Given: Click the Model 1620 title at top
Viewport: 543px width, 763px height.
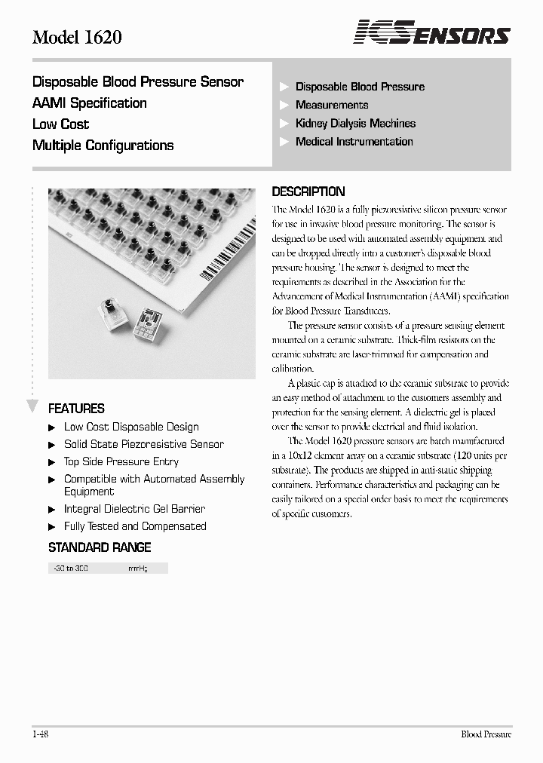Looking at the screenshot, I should click(x=77, y=37).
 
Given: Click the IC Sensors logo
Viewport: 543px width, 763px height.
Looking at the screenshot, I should click(x=432, y=33).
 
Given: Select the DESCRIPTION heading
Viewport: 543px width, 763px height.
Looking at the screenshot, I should click(x=308, y=192).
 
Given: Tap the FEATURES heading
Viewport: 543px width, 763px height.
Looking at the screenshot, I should click(x=76, y=409).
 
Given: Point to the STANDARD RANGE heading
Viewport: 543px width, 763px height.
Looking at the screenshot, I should click(x=100, y=547).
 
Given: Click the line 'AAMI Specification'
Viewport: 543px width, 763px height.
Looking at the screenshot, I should click(x=90, y=103).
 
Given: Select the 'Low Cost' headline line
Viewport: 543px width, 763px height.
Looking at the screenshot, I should click(x=60, y=124).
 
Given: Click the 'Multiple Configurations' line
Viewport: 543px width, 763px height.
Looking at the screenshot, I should click(x=103, y=146).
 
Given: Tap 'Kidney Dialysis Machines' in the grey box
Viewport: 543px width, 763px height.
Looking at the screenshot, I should click(x=355, y=123).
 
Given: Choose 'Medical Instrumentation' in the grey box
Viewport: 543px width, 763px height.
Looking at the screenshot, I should click(x=354, y=141).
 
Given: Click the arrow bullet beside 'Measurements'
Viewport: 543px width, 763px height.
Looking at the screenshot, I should click(x=284, y=106).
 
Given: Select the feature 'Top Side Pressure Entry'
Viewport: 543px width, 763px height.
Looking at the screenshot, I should click(x=121, y=461).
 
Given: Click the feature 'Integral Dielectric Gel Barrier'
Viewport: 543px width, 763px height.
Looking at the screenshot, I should click(x=134, y=509).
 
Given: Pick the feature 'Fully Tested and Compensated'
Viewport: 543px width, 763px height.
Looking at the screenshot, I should click(x=135, y=526).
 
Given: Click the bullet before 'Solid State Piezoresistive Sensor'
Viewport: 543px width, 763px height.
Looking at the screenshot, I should click(x=52, y=445).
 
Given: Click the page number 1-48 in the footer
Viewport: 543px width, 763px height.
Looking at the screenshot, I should click(x=41, y=734).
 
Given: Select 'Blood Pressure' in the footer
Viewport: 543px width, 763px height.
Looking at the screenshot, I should click(x=486, y=734).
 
